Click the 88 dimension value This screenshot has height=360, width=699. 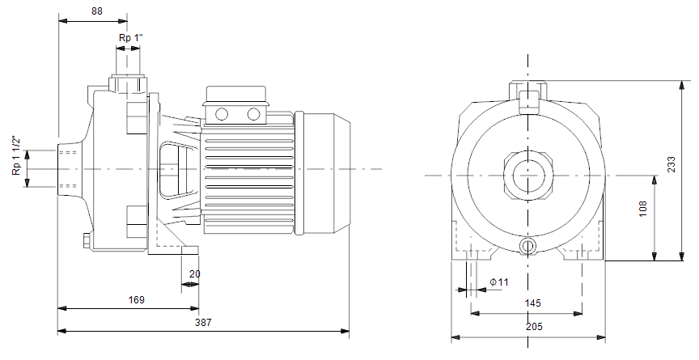tap(97, 11)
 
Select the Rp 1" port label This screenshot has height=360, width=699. tap(130, 38)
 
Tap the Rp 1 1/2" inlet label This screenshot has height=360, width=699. tap(17, 155)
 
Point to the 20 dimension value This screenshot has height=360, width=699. tap(195, 274)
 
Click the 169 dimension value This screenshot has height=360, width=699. tap(137, 300)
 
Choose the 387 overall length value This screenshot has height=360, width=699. tap(203, 323)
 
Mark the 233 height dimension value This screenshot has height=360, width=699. tap(671, 164)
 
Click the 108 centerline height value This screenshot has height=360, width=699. tap(643, 209)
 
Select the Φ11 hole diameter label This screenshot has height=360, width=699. tap(499, 282)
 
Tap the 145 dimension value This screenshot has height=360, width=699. tap(532, 303)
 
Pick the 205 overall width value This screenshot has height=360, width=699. tap(534, 327)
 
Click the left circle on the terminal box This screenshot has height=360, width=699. tap(222, 114)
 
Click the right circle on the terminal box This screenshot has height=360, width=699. tap(254, 114)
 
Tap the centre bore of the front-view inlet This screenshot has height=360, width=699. tap(527, 175)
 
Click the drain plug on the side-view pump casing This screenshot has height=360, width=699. tap(87, 241)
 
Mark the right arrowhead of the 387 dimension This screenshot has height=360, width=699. tap(345, 331)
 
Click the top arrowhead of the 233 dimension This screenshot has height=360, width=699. tap(682, 86)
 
